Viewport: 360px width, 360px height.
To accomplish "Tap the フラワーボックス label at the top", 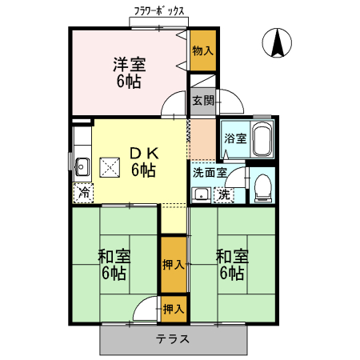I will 159,11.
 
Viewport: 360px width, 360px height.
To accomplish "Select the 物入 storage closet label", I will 202,50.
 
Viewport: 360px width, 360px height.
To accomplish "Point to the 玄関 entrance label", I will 202,101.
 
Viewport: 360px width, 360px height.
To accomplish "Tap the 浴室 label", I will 234,138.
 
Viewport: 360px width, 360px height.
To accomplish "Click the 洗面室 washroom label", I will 210,171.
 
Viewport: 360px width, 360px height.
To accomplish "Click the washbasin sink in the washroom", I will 202,194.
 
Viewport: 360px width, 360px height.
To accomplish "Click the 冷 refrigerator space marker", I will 83,193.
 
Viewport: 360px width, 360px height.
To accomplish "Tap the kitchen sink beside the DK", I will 81,166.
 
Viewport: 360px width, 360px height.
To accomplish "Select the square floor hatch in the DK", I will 109,166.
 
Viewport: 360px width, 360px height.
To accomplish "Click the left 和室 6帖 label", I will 114,265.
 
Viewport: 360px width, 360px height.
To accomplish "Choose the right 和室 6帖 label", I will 231,265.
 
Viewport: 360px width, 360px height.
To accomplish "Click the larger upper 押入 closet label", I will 173,264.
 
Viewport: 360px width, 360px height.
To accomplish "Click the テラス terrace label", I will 173,338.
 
